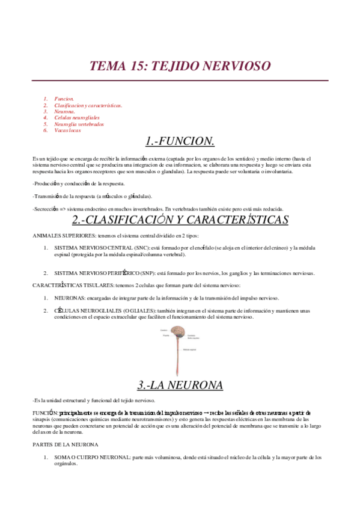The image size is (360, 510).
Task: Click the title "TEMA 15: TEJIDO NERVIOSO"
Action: tap(180, 66)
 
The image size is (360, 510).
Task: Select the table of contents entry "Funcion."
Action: tap(64, 97)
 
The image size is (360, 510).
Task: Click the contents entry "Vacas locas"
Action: tap(67, 130)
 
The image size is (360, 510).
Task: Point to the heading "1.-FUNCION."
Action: tap(180, 141)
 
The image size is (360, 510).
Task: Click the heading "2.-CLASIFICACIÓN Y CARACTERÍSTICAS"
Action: tap(180, 220)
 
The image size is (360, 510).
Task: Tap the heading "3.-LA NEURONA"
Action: tap(180, 384)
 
